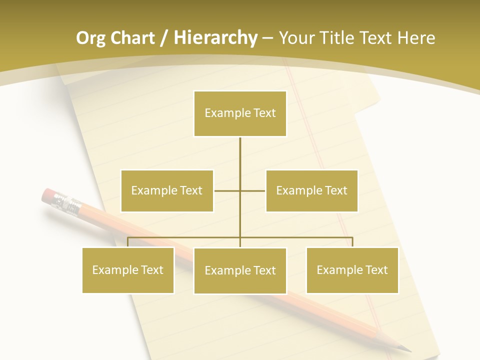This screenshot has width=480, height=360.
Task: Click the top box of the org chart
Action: (x=240, y=113)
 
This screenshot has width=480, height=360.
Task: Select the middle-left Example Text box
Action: (x=167, y=190)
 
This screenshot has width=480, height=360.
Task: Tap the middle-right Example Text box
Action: (x=311, y=190)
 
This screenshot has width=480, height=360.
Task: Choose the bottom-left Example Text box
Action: (x=128, y=270)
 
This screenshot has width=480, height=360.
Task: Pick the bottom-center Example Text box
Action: (x=240, y=270)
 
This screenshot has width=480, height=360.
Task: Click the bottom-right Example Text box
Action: (x=352, y=270)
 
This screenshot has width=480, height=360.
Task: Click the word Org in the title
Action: (x=90, y=38)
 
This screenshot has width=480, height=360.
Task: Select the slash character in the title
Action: (x=164, y=38)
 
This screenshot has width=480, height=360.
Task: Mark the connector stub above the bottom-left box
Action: (x=128, y=242)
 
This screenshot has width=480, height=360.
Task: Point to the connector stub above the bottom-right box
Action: (x=352, y=242)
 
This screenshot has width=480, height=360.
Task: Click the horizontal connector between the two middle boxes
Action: (x=240, y=190)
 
